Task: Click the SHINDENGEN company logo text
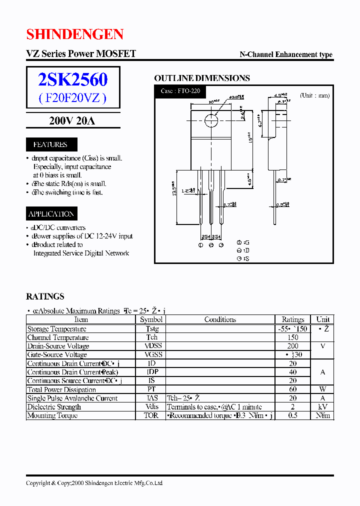(x=74, y=34)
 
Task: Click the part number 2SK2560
(x=73, y=79)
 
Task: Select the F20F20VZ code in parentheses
(x=73, y=98)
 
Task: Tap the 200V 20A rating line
(x=72, y=120)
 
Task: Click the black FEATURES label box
(x=50, y=144)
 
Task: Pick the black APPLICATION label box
(x=51, y=214)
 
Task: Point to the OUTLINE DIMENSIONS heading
(x=202, y=78)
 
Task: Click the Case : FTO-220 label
(x=180, y=91)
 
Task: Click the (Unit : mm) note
(x=315, y=95)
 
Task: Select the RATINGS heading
(x=45, y=296)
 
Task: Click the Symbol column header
(x=151, y=319)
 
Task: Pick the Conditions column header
(x=220, y=319)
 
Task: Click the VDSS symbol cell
(x=151, y=346)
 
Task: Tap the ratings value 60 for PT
(x=292, y=389)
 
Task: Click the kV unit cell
(x=323, y=407)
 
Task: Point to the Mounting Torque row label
(x=52, y=415)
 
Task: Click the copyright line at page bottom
(x=94, y=483)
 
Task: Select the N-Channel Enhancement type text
(x=286, y=55)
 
